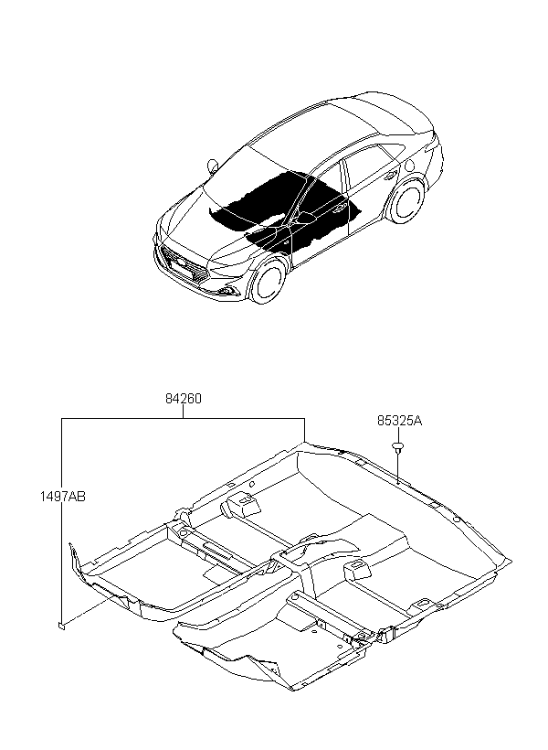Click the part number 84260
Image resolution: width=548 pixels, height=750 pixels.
pos(184,398)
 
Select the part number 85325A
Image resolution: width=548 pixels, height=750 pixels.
pos(399,421)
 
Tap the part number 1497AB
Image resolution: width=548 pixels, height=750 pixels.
pos(63,497)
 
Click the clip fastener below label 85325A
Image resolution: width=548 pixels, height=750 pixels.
pos(397,447)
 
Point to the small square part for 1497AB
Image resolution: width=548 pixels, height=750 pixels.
pos(61,624)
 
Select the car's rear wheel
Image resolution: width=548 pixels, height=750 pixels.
pos(406,200)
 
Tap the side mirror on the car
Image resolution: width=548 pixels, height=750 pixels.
pos(213,166)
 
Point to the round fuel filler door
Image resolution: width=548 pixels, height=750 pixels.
pos(409,166)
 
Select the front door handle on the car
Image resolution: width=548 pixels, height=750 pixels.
pos(340,207)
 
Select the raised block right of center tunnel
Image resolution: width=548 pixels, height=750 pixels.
pos(358,570)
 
